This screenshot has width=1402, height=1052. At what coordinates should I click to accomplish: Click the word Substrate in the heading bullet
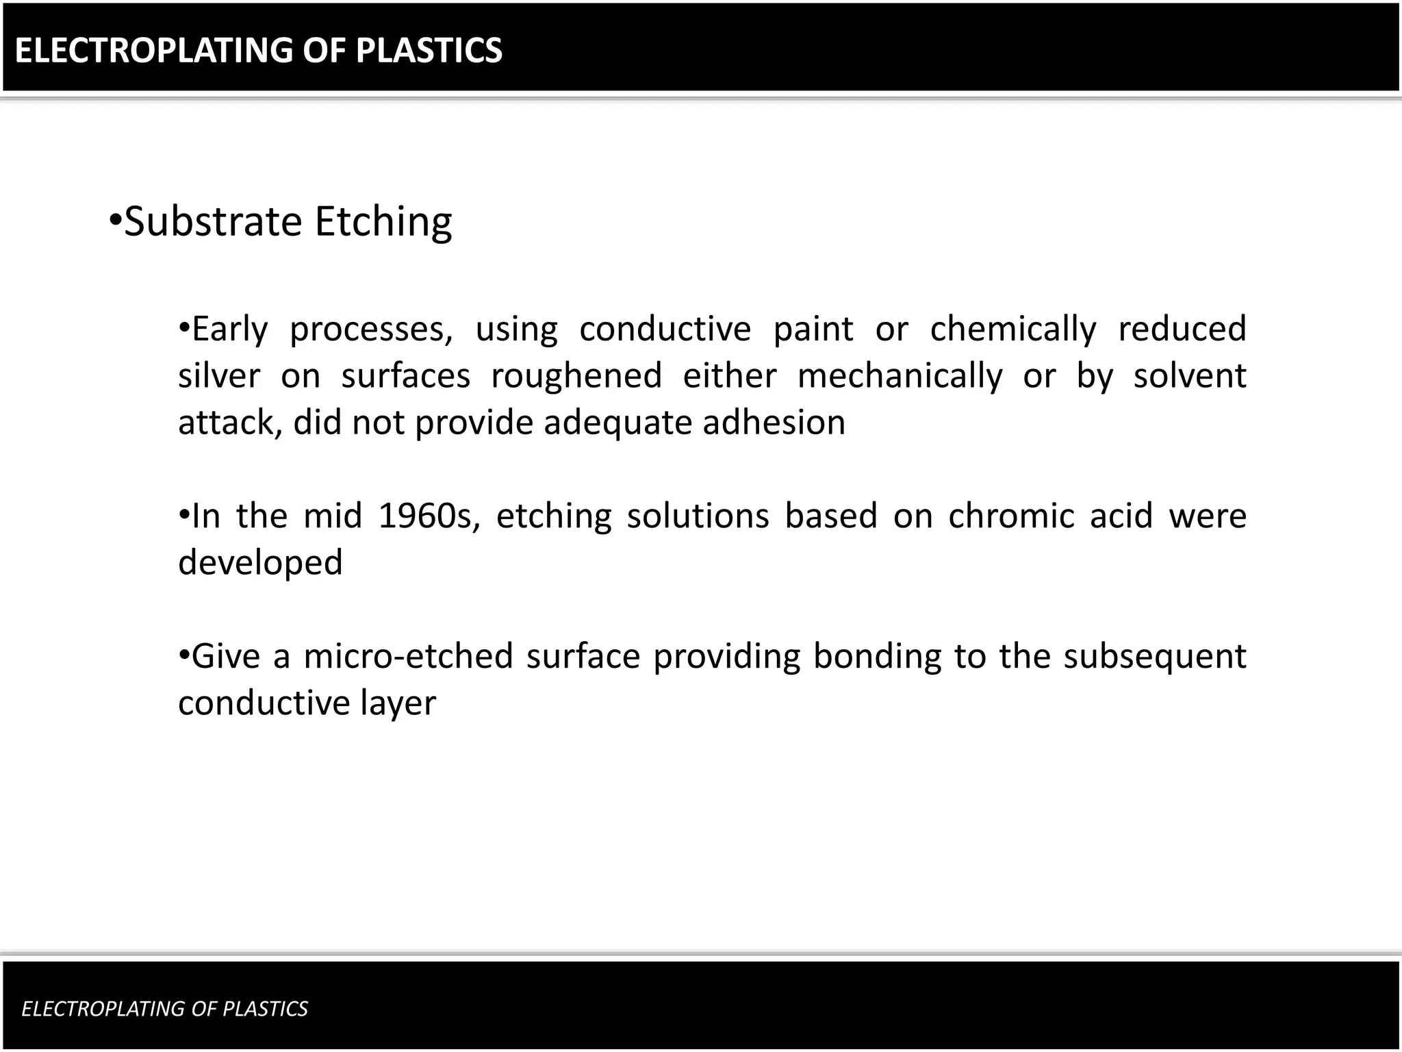point(213,222)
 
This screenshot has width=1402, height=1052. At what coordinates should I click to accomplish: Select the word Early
point(229,329)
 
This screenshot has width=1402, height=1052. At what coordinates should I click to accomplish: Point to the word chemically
point(1012,329)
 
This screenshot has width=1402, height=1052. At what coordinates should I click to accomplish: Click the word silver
point(219,376)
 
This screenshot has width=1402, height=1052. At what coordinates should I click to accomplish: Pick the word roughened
point(576,376)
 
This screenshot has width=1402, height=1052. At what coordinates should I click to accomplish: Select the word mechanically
point(900,376)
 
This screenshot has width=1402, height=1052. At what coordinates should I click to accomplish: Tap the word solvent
point(1190,376)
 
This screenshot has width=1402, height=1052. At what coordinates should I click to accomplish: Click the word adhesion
point(774,423)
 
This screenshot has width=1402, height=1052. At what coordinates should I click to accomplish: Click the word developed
point(260,563)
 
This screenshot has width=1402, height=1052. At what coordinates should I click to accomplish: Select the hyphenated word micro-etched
point(408,656)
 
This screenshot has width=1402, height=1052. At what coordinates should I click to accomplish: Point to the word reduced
point(1182,329)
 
